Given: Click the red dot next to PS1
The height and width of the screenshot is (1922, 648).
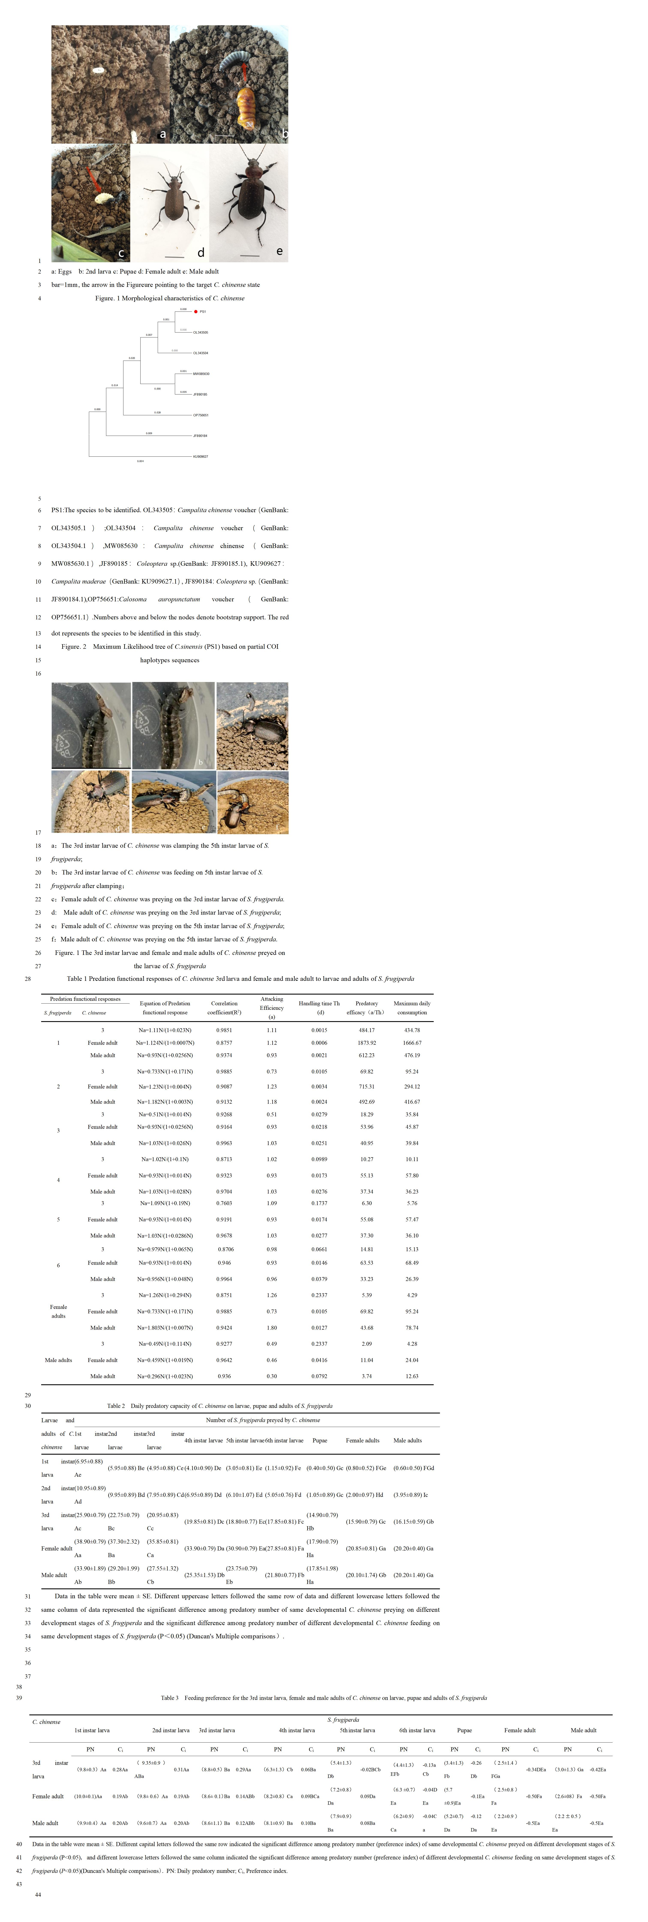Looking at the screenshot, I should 195,311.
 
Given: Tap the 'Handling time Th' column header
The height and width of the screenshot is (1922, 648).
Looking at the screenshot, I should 319,1004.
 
